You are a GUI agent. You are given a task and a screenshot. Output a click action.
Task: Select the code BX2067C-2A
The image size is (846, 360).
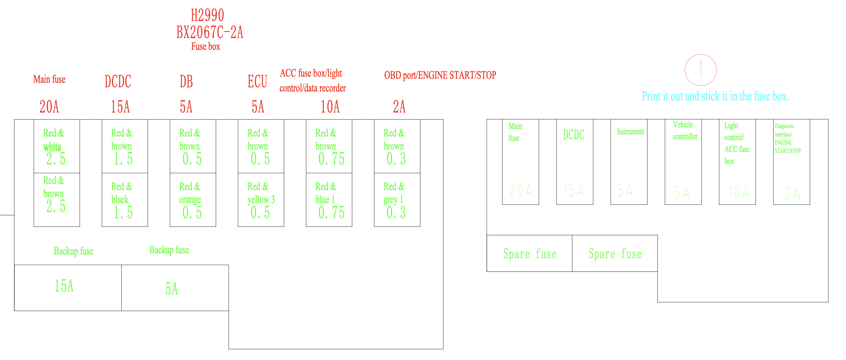210,32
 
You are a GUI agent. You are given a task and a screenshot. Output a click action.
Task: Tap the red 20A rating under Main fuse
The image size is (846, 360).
49,107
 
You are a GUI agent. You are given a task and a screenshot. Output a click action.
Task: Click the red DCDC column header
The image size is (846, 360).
118,81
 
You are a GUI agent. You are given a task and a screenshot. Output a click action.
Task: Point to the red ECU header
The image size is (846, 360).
257,81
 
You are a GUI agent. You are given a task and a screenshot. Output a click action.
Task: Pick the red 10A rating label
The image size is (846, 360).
330,107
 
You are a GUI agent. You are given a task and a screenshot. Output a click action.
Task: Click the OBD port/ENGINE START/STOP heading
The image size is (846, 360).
440,75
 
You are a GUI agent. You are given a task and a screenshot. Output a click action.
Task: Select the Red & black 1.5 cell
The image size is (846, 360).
124,200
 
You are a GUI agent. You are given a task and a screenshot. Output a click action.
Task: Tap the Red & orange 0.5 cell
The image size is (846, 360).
192,200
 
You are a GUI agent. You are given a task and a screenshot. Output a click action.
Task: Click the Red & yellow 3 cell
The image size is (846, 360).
261,200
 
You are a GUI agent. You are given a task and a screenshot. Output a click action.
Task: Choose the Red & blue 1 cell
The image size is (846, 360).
329,200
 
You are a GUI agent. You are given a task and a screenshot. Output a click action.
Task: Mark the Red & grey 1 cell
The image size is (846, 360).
397,200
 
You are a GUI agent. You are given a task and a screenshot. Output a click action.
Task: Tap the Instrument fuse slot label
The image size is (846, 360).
630,132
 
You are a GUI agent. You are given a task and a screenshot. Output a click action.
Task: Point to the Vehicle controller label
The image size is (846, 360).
685,130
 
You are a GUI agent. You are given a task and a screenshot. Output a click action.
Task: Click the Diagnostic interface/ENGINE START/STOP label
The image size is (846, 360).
787,139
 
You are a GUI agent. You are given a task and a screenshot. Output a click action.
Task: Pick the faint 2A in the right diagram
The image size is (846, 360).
792,193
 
